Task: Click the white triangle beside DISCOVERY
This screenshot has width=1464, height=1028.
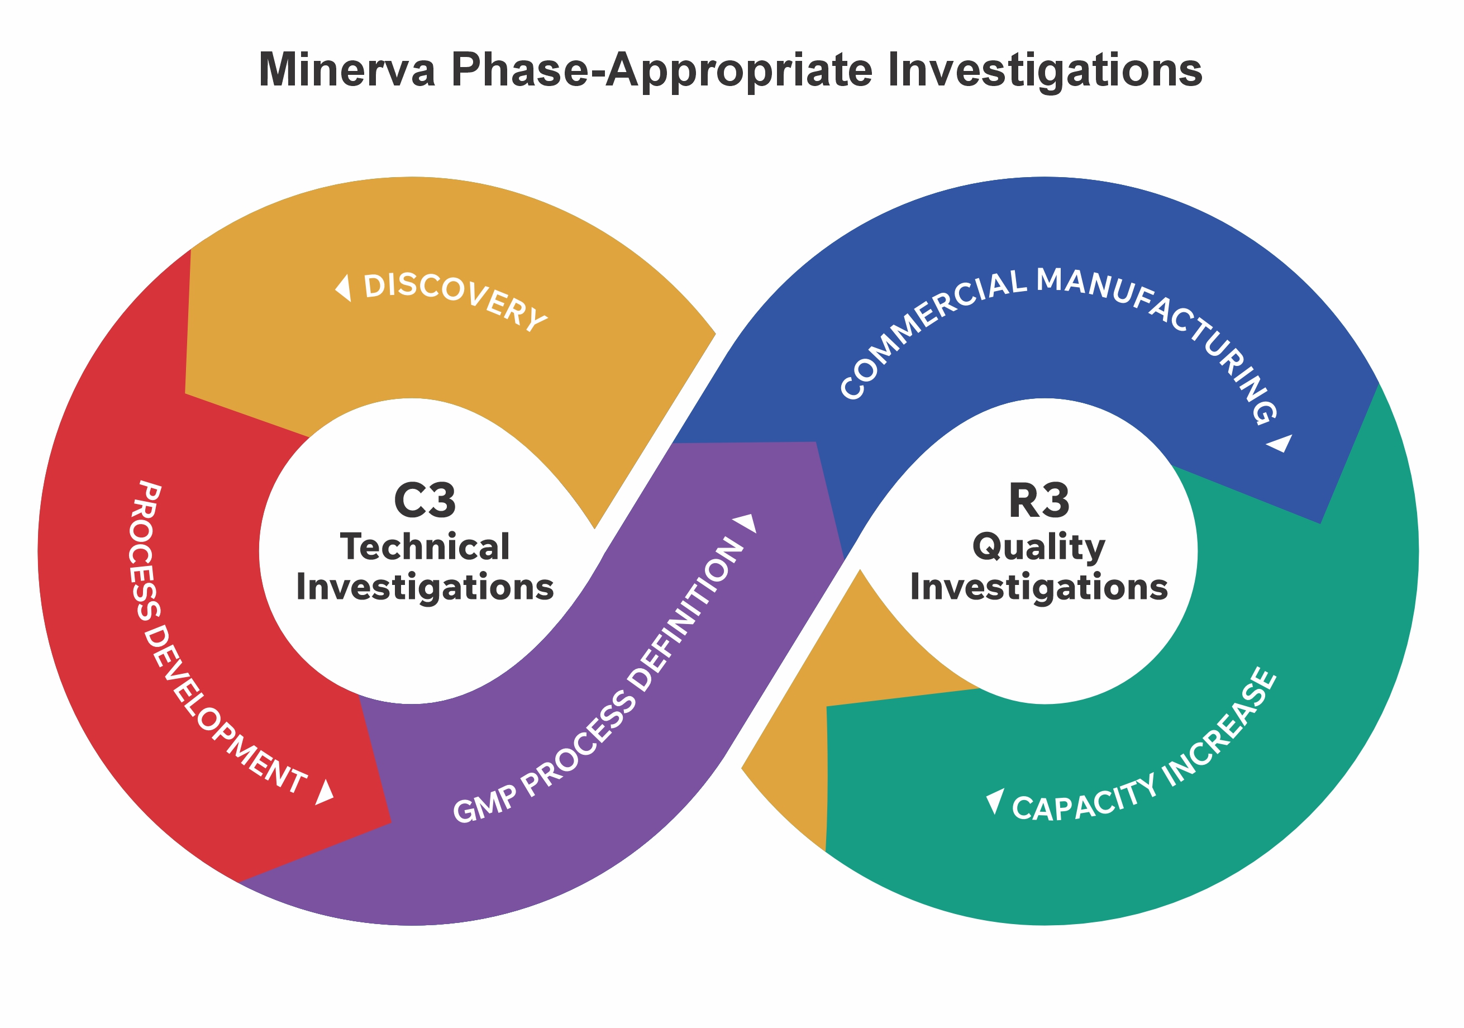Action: (x=344, y=288)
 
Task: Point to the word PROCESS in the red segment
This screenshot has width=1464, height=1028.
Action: (x=145, y=550)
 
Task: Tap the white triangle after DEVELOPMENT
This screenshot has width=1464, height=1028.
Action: (x=325, y=792)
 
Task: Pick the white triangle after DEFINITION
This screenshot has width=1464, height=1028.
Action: (x=747, y=522)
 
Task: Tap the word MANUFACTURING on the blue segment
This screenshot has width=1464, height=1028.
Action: (x=1161, y=332)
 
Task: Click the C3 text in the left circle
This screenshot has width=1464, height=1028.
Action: (x=425, y=501)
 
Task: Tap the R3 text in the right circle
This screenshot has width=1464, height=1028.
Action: (x=1039, y=501)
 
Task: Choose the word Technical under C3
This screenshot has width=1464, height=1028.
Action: (x=425, y=547)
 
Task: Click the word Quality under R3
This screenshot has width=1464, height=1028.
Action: (x=1039, y=547)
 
